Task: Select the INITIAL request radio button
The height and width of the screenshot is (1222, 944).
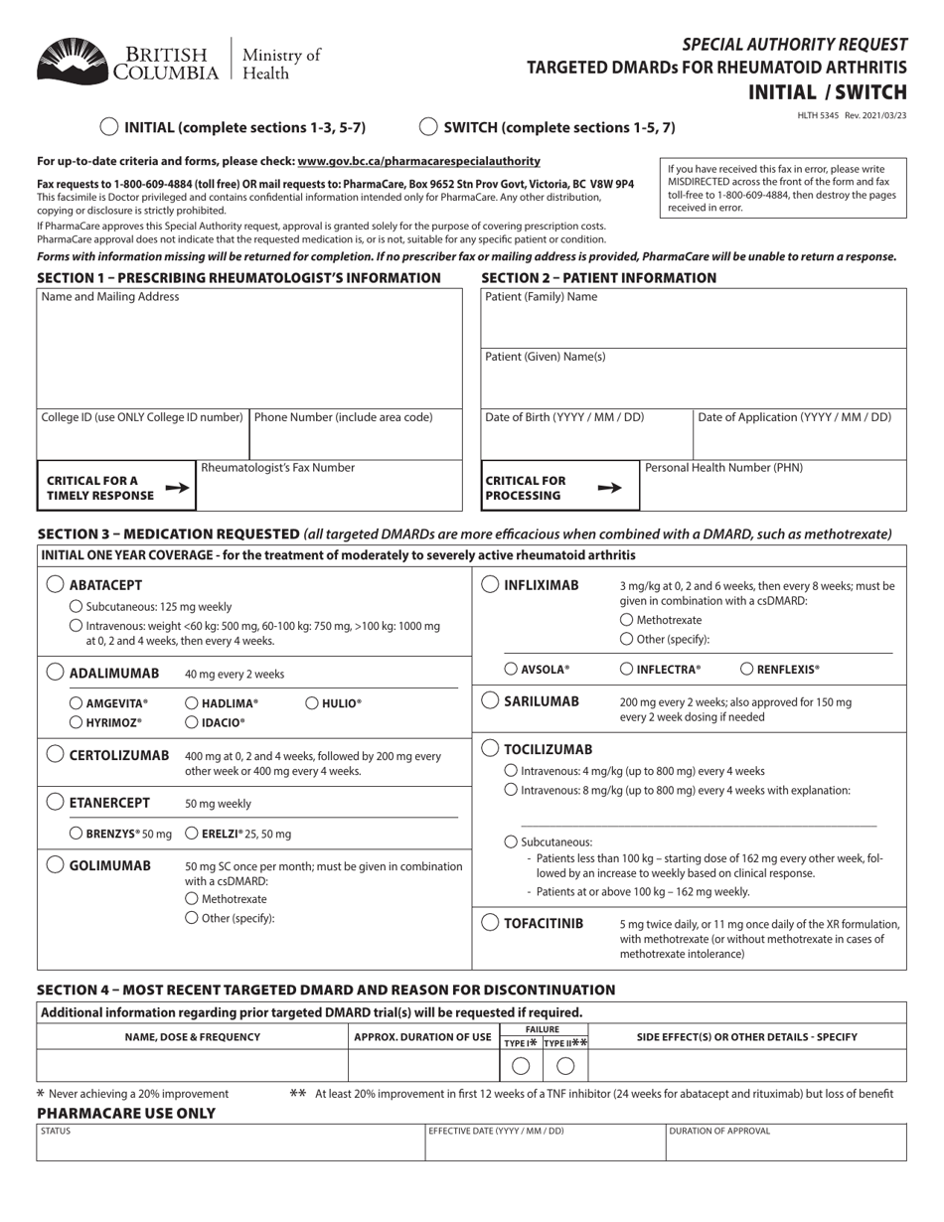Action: click(109, 127)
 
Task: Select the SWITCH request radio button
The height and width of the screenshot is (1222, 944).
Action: click(428, 127)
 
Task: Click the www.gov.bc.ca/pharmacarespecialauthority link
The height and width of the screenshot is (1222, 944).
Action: click(418, 161)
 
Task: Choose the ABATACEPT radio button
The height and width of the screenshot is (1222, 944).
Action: click(56, 585)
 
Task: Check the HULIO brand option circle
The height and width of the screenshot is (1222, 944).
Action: click(311, 703)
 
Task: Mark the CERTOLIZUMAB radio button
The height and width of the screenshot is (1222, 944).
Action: click(56, 754)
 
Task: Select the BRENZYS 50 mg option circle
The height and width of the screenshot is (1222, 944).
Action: click(76, 834)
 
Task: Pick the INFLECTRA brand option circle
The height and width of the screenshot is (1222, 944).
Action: click(626, 670)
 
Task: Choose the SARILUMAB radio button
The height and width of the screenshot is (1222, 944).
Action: click(490, 700)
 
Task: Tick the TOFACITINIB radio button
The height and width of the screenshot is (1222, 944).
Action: click(490, 923)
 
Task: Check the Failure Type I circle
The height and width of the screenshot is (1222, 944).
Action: click(520, 1066)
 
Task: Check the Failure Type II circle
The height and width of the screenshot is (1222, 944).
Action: click(565, 1066)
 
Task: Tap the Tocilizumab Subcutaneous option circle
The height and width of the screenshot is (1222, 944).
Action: click(511, 841)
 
